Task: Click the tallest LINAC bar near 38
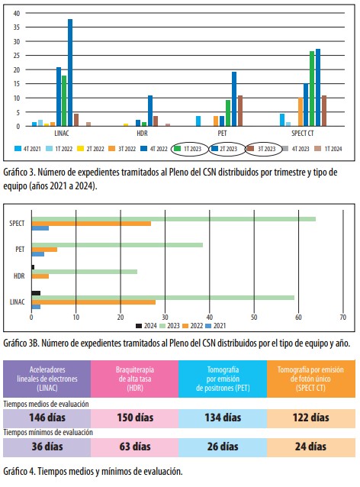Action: tap(70, 73)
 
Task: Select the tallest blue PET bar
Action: tap(234, 99)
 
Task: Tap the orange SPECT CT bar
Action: tap(301, 111)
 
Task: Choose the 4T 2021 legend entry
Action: tap(27, 149)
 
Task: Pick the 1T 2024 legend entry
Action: tap(328, 149)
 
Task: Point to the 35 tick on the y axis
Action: tap(17, 27)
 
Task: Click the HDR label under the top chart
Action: tap(142, 134)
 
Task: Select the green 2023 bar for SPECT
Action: tap(174, 219)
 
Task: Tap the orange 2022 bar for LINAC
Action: tap(94, 302)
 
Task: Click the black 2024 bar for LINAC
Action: tap(36, 293)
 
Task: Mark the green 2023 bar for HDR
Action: tap(85, 272)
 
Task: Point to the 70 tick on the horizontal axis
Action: tap(343, 318)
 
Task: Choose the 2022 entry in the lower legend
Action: tap(192, 326)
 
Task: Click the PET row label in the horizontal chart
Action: tap(20, 250)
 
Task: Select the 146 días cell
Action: tap(47, 418)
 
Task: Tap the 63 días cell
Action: tap(135, 447)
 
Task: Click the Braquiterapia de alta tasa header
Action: tap(135, 379)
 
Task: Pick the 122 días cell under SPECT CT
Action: tap(311, 418)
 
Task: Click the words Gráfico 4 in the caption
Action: tap(19, 472)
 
